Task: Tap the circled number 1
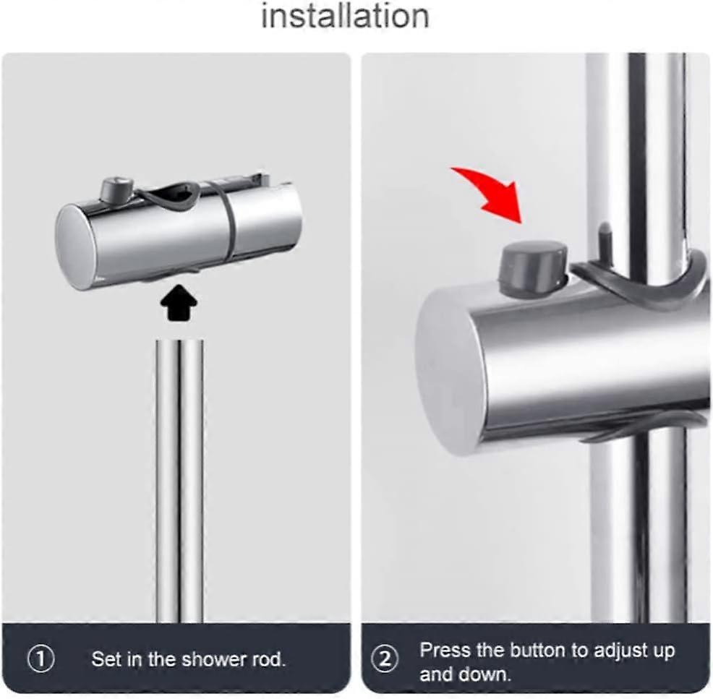(x=41, y=659)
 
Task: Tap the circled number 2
(x=385, y=659)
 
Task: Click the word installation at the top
(x=345, y=17)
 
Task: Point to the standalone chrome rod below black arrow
(x=179, y=481)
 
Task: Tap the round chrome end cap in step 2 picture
(x=451, y=373)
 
